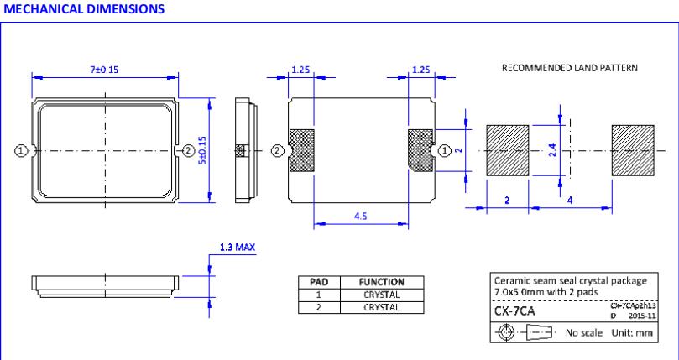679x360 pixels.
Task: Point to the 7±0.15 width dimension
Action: click(x=104, y=69)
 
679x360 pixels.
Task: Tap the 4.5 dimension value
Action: click(x=358, y=216)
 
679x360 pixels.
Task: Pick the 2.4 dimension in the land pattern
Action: click(x=551, y=151)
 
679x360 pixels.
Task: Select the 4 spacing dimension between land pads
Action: click(x=571, y=200)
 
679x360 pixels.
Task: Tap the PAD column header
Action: click(x=318, y=283)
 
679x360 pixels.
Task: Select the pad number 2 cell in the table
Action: click(x=318, y=306)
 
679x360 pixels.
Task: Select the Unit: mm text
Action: click(x=633, y=332)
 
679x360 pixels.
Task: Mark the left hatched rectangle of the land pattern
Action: click(x=508, y=151)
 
